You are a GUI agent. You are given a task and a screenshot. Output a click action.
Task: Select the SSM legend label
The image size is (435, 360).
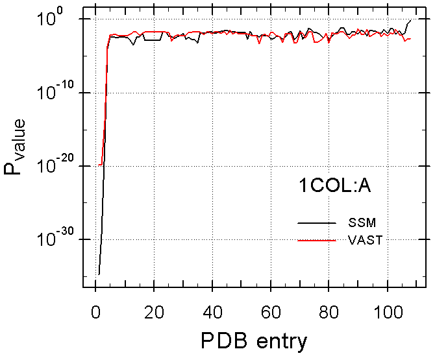(x=361, y=222)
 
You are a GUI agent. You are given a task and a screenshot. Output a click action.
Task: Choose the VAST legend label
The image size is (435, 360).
(x=365, y=240)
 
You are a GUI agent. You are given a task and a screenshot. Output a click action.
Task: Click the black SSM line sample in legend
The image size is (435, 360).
(x=316, y=223)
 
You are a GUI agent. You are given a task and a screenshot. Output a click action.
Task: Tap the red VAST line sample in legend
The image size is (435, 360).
(x=316, y=241)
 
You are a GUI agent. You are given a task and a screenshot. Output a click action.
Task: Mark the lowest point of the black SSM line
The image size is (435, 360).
(x=99, y=274)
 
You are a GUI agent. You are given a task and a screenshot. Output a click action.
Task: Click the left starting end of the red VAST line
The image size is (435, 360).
(x=99, y=165)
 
